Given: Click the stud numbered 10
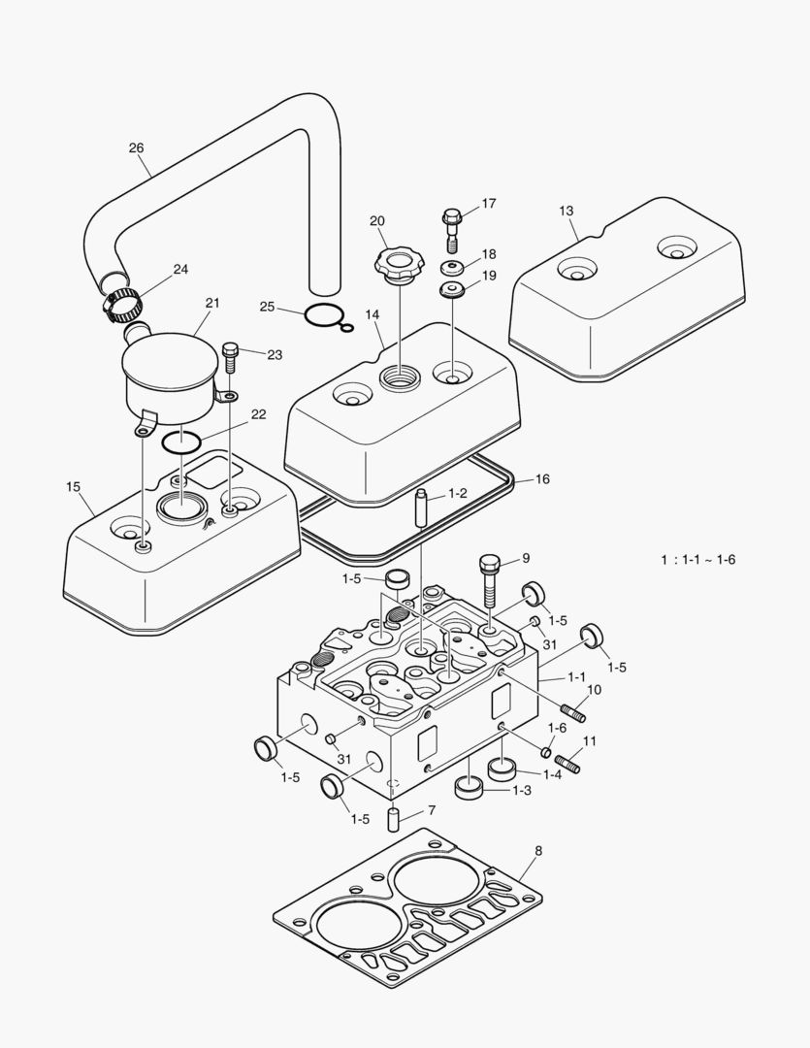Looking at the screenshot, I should coord(572,714).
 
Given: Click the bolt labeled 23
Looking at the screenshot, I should coord(230,358).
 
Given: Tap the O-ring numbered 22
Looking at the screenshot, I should coord(181,442).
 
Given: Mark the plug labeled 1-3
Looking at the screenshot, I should coord(470,787).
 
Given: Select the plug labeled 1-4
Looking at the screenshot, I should coord(501,770).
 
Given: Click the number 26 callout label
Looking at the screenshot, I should coord(136,148).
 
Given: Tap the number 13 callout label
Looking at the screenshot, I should coord(567,211).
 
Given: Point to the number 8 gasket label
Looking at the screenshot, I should coord(538,851).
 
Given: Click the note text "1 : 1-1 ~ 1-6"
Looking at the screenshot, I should coord(697,560).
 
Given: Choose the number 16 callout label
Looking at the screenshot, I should coord(542,479).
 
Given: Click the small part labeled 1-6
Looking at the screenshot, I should coord(546,752).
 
